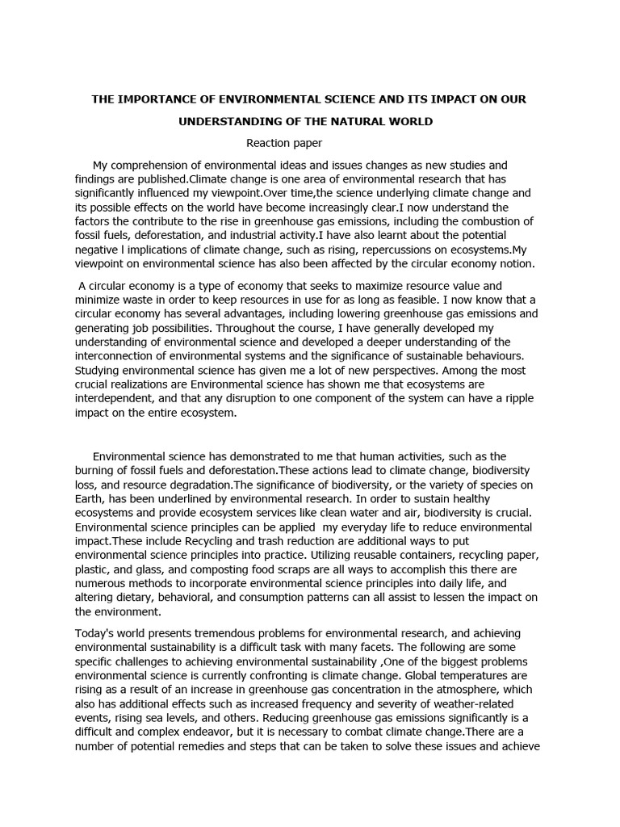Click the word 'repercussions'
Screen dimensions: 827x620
pyautogui.click(x=376, y=249)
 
